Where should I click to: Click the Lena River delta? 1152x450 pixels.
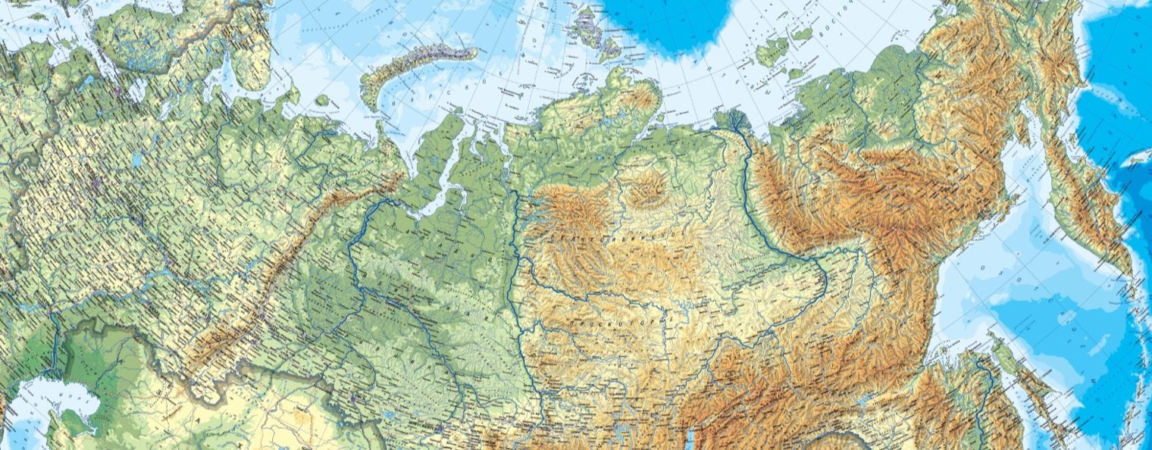[x=731, y=121]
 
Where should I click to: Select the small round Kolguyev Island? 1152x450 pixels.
[x=322, y=100]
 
